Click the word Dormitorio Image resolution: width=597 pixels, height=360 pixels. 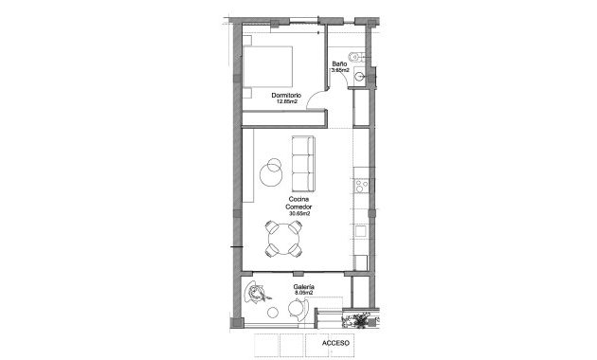coord(285,95)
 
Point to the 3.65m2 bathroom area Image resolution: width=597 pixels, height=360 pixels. coord(340,70)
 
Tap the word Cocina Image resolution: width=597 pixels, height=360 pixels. coord(298,199)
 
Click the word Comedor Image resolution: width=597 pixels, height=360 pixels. coord(298,207)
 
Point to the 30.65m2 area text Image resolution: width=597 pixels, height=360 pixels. coord(298,214)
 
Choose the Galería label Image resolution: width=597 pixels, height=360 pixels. coord(303,287)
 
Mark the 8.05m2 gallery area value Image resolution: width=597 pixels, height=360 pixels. coord(303,294)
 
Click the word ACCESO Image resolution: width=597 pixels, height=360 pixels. coord(335,342)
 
